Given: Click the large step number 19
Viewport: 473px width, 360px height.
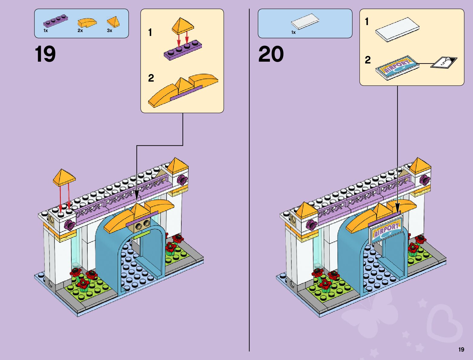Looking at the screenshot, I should [x=45, y=54].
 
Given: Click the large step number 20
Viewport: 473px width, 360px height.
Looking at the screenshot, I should [x=271, y=54].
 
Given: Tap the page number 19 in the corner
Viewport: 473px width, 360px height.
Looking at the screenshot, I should [x=461, y=349].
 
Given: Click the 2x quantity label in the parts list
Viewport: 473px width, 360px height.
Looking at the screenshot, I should [x=80, y=31].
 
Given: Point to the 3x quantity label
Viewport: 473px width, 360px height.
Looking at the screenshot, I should [x=109, y=31].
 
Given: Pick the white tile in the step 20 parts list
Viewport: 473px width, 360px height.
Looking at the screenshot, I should [x=305, y=22].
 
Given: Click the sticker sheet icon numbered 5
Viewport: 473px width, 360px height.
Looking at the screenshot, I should [x=444, y=62].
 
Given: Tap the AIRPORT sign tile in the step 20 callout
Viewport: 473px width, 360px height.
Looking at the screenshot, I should [x=397, y=67].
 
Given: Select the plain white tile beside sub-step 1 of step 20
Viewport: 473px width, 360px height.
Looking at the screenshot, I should [x=397, y=29].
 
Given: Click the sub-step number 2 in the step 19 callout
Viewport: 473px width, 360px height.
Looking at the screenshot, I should [x=151, y=78].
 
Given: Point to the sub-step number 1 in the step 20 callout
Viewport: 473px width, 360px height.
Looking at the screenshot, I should [x=367, y=21].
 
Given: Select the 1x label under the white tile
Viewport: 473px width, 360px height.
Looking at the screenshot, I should [x=293, y=32].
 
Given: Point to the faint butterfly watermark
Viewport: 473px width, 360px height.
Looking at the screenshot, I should [x=372, y=314].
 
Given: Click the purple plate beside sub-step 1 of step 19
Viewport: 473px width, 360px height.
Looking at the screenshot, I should [x=183, y=50].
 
